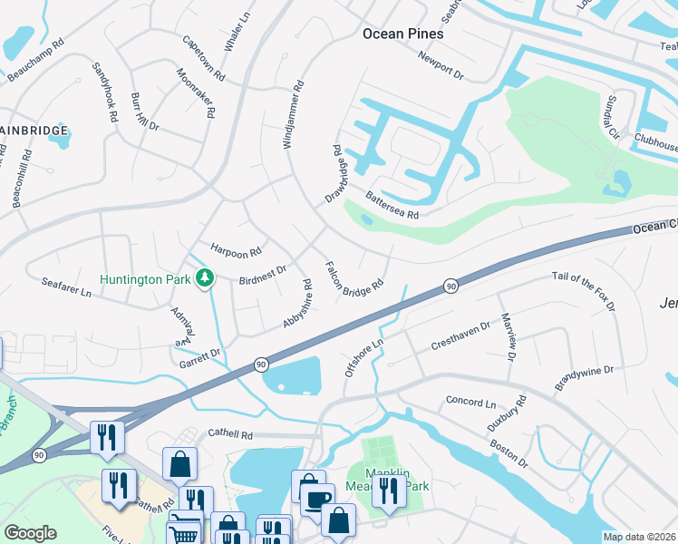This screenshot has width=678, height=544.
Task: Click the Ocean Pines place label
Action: (x=402, y=34)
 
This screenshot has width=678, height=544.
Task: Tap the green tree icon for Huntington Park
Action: (x=206, y=278)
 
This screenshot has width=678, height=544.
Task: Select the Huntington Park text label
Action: (x=145, y=279)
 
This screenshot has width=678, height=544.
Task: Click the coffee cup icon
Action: (x=317, y=500)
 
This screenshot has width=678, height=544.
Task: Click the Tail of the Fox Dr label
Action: (x=584, y=292)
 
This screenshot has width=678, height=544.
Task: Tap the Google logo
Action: (x=30, y=533)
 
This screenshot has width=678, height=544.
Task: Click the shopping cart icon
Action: (x=184, y=533)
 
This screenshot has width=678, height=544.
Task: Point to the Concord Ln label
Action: (x=470, y=402)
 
